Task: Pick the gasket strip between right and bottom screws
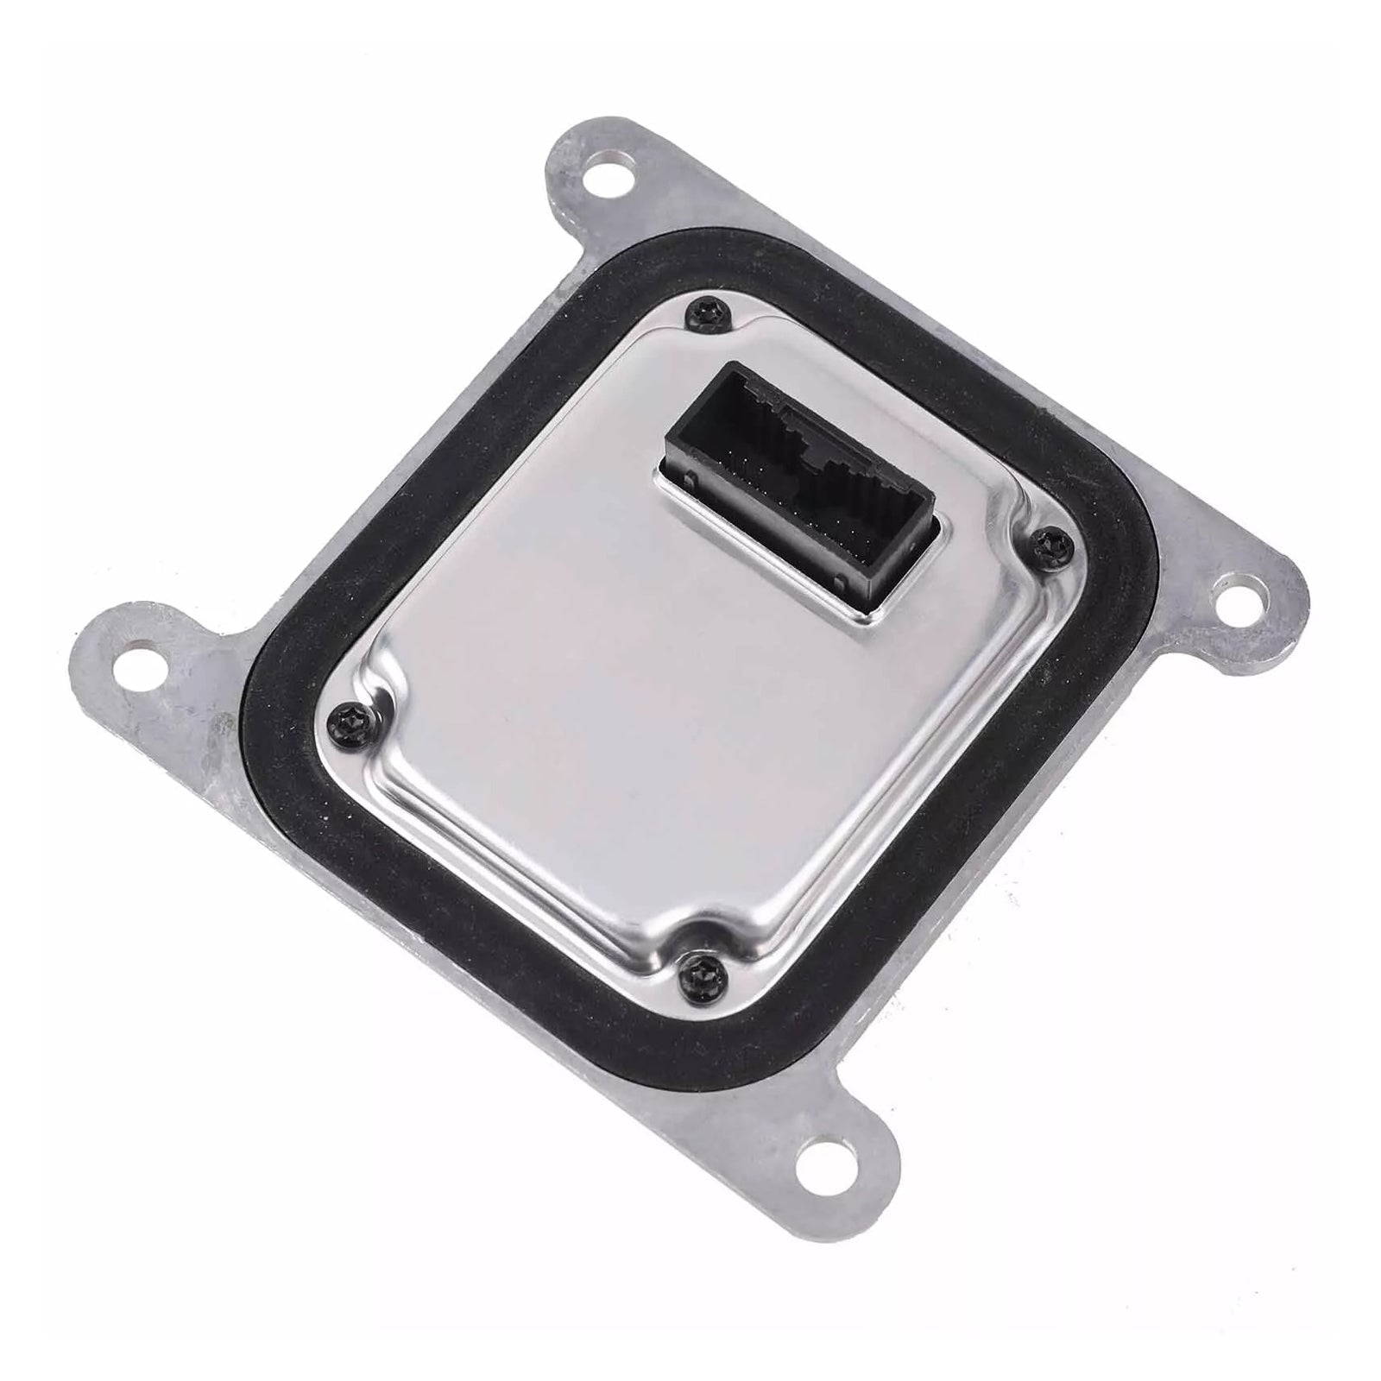point(932,820)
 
